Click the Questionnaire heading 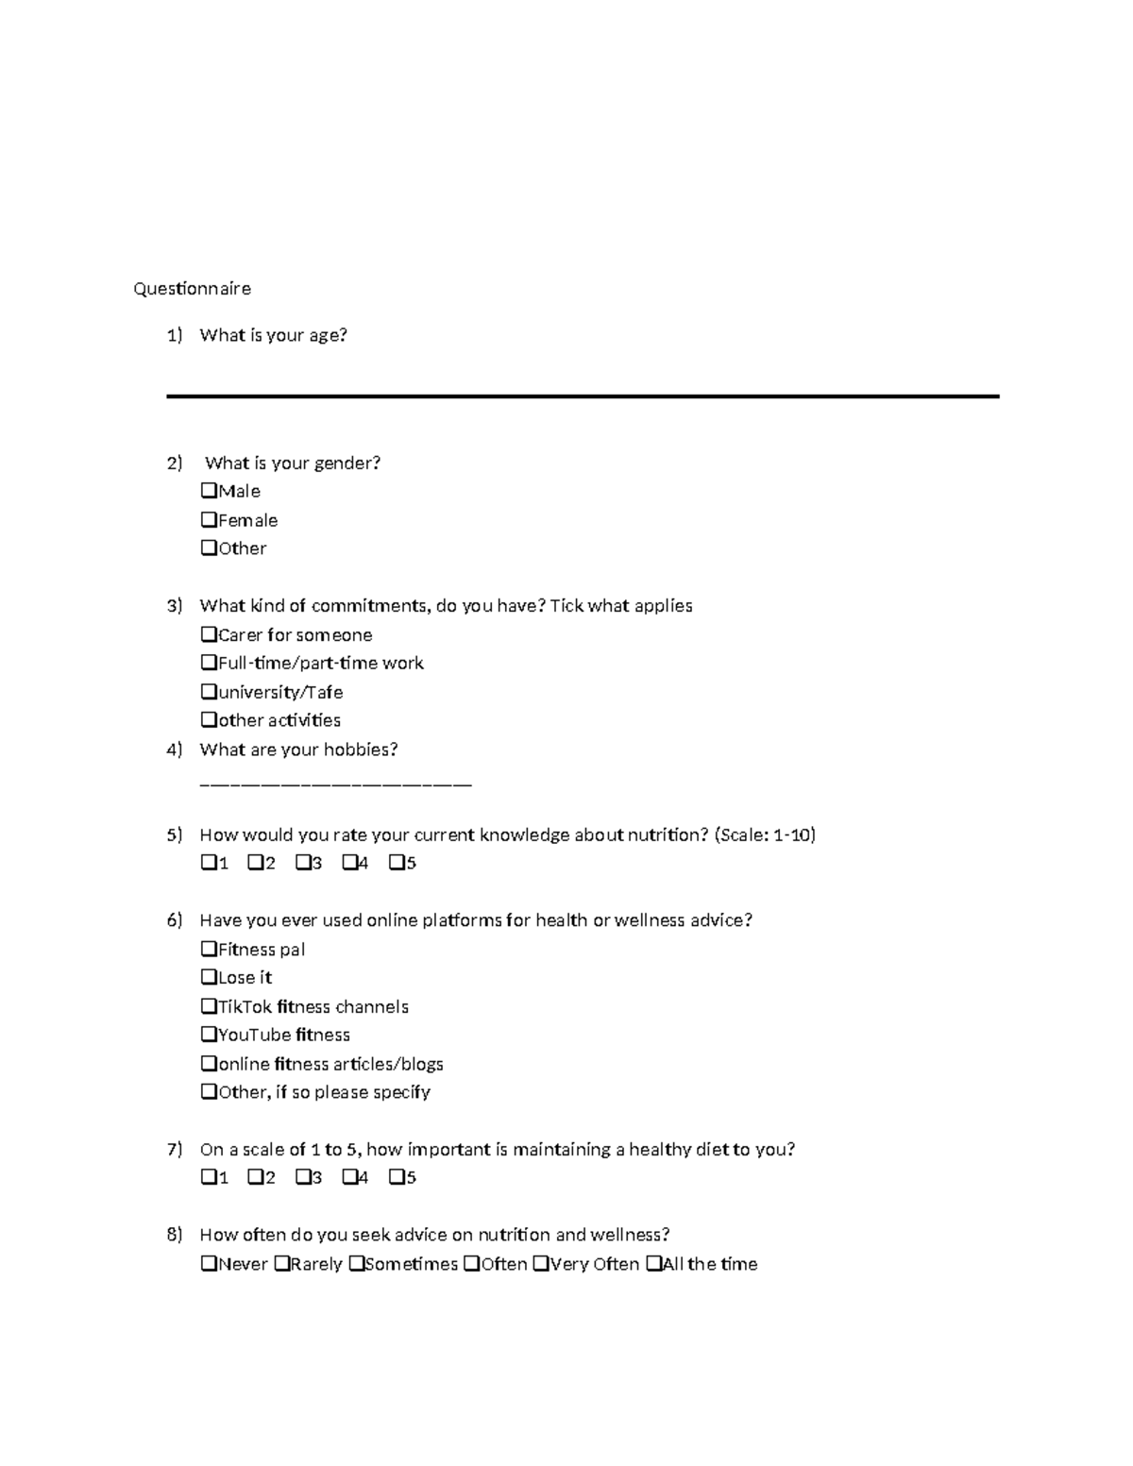click(192, 289)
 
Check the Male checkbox click(209, 491)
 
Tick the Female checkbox click(209, 519)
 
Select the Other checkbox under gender click(209, 548)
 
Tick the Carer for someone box click(209, 634)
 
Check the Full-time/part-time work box click(209, 663)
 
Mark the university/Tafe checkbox click(209, 692)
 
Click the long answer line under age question click(582, 396)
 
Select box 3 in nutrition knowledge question click(302, 863)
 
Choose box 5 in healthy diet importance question click(397, 1177)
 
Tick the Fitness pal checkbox click(209, 949)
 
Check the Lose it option click(209, 977)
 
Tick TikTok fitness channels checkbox click(209, 1006)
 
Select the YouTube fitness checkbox click(209, 1035)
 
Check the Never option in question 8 click(209, 1263)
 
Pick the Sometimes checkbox click(356, 1263)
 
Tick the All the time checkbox click(653, 1263)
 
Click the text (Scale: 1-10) click(765, 834)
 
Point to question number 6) click(174, 920)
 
